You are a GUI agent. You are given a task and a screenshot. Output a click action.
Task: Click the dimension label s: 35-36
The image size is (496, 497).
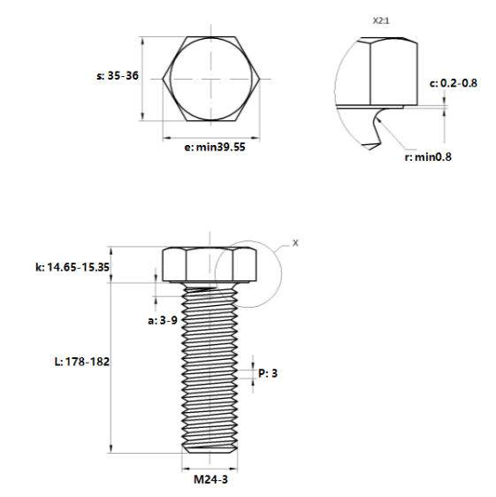[x=118, y=76]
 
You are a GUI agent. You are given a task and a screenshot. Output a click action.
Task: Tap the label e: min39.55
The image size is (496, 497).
[x=215, y=148]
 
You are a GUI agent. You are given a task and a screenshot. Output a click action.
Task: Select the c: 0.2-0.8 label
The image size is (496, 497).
[x=454, y=83]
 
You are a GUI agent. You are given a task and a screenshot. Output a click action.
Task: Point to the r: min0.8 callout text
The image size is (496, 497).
[x=428, y=157]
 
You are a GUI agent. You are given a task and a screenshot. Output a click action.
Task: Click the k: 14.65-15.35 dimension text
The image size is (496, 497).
[x=72, y=267]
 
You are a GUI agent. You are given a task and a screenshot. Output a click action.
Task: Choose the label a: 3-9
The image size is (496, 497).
[x=163, y=320]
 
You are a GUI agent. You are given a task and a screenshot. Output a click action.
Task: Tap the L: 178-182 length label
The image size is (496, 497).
[x=82, y=362]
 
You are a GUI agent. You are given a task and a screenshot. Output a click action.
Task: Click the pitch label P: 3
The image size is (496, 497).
[x=268, y=373]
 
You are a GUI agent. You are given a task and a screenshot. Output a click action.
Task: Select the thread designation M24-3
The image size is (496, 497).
[x=210, y=479]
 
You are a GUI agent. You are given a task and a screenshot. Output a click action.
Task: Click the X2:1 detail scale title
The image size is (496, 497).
[x=381, y=21]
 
